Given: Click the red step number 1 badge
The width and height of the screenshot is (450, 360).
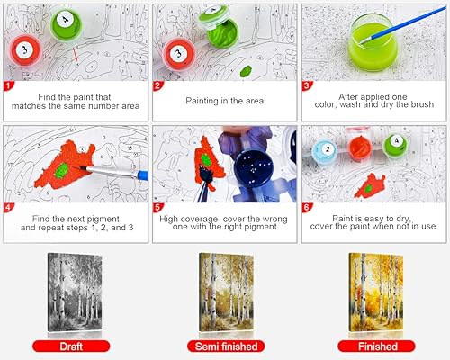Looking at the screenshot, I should (8, 87).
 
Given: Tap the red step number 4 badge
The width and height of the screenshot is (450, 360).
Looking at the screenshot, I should (8, 209).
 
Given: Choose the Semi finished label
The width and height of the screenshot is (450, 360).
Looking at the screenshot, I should (225, 345).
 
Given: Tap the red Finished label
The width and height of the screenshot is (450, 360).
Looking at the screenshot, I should (373, 345).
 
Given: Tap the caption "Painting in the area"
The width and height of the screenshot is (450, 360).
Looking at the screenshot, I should (224, 102).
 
